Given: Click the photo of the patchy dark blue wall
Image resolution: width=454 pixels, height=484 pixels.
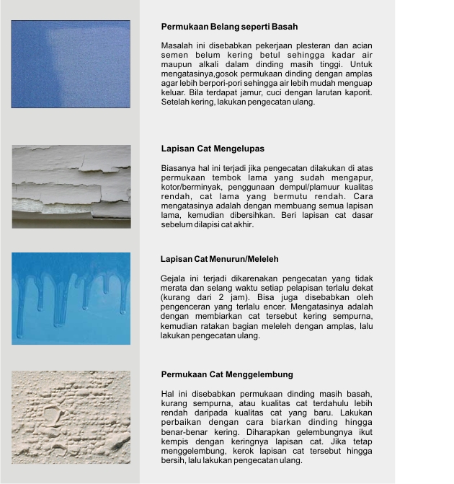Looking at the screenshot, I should coord(71,64).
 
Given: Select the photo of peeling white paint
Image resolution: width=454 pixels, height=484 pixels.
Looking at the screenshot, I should coord(71,187).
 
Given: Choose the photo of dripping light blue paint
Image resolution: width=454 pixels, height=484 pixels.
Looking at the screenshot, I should coord(71,298).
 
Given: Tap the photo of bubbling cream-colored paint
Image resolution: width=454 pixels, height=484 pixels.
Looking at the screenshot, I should coord(71,417).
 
